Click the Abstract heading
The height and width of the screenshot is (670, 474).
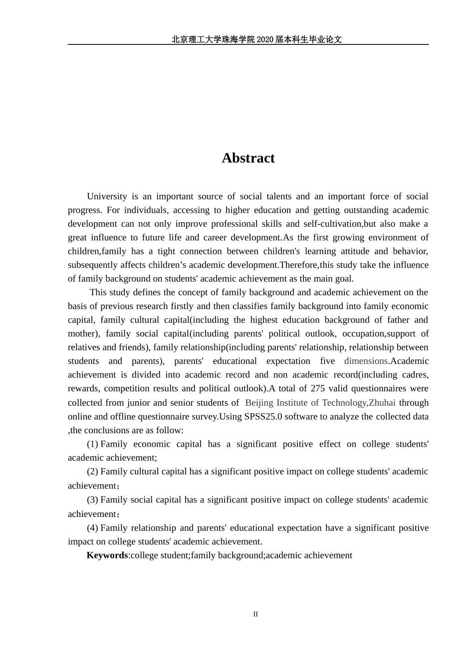click(x=248, y=158)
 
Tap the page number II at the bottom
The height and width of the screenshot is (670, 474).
click(x=255, y=614)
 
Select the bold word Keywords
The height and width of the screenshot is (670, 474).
click(x=107, y=555)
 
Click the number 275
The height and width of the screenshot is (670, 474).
click(x=318, y=388)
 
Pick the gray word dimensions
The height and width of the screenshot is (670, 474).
click(x=366, y=361)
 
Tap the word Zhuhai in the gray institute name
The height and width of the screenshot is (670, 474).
click(x=382, y=402)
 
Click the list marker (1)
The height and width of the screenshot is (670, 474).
click(x=92, y=444)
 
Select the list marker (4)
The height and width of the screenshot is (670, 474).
click(x=92, y=527)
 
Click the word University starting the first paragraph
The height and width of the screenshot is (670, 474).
click(x=107, y=196)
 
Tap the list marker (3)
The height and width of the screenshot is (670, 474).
click(x=92, y=500)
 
